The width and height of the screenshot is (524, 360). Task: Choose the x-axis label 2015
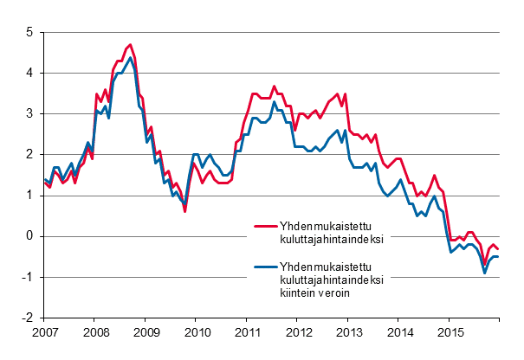tap(450, 332)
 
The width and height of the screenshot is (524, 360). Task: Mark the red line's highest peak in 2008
tap(130, 44)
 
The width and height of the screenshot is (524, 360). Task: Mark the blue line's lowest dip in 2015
tap(484, 273)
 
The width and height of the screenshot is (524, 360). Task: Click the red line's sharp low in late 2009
tap(184, 210)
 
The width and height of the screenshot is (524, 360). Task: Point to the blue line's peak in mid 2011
tap(275, 102)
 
